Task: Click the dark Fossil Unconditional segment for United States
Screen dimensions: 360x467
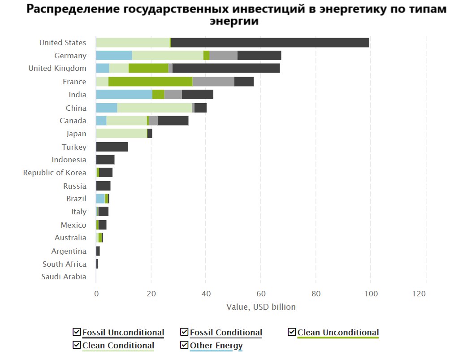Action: [x=270, y=43]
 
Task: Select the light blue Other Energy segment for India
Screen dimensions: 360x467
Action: [x=124, y=95]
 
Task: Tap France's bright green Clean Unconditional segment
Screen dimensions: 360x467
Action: [x=150, y=82]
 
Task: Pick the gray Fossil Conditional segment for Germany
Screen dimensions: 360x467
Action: [x=223, y=56]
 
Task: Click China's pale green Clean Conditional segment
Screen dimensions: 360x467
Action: [x=154, y=108]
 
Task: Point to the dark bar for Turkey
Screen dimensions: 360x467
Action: [x=112, y=147]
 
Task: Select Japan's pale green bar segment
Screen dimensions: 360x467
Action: [x=121, y=134]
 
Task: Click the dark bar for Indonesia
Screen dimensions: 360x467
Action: [x=105, y=160]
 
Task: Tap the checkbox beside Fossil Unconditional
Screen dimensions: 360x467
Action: [x=77, y=332]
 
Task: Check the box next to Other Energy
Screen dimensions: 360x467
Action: [x=184, y=345]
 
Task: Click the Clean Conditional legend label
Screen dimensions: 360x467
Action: [x=118, y=346]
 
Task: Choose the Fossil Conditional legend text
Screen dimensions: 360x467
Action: [x=226, y=333]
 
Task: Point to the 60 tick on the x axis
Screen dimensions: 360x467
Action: [x=261, y=294]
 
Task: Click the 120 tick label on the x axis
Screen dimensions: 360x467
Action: [x=419, y=294]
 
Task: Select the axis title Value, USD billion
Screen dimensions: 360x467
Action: [x=261, y=307]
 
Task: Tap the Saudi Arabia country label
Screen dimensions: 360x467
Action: [x=64, y=277]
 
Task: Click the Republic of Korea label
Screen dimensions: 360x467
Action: [x=55, y=173]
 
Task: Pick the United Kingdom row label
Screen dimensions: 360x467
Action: [x=57, y=69]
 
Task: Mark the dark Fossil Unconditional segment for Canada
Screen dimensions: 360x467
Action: [x=173, y=121]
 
